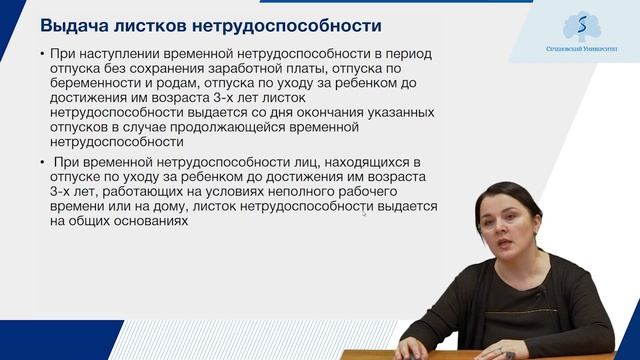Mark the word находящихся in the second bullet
pyautogui.click(x=353, y=161)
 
